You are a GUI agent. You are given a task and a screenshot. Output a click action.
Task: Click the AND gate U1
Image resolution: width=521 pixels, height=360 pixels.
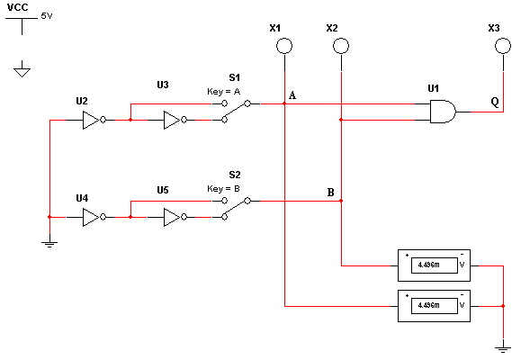pos(443,112)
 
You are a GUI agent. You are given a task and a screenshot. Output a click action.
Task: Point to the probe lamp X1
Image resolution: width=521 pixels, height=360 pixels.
pos(284,46)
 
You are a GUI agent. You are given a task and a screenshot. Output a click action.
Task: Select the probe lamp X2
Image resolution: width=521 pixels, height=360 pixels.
pos(341,46)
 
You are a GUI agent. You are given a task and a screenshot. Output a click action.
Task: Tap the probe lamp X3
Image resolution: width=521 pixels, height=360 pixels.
pos(503,46)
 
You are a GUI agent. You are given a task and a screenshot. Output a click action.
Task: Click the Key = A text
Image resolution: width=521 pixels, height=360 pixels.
pos(223,92)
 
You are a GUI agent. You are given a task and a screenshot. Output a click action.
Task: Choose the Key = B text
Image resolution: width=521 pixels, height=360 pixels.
pos(223,189)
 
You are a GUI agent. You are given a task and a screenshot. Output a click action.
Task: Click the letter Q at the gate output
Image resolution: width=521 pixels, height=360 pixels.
pos(495,102)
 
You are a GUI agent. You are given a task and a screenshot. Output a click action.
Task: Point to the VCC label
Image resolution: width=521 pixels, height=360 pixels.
pos(18,7)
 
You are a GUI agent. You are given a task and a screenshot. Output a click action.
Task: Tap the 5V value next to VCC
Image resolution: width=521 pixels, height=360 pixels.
pos(47,16)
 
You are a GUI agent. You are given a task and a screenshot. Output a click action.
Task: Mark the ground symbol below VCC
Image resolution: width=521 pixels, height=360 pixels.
pos(22,68)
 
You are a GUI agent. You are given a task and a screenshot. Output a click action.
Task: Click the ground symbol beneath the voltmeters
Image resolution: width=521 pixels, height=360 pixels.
pos(503,348)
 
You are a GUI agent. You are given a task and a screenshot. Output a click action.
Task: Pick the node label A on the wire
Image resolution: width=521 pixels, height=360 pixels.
pos(292,95)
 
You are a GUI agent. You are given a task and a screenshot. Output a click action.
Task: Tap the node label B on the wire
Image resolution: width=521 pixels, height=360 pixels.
pos(330,193)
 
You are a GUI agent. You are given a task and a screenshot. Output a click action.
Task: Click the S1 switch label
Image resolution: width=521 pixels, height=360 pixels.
pos(234,77)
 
